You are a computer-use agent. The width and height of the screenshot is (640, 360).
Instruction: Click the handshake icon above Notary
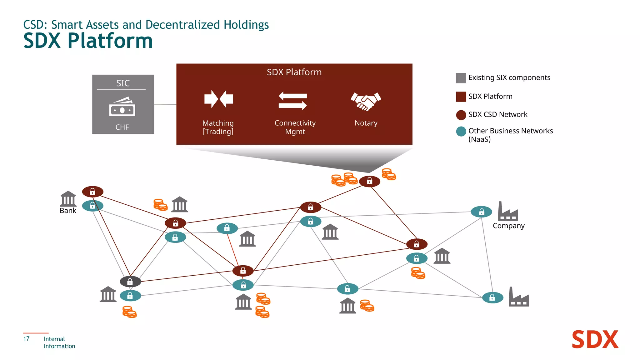click(x=366, y=101)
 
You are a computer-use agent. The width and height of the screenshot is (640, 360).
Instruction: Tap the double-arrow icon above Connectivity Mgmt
click(x=292, y=101)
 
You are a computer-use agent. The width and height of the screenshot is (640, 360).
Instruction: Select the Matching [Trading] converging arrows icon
click(x=218, y=99)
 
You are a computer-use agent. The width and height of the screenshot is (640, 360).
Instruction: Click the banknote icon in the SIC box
click(x=122, y=107)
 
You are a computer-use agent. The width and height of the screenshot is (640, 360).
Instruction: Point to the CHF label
click(x=122, y=127)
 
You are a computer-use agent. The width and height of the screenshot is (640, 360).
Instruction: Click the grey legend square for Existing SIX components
click(x=461, y=78)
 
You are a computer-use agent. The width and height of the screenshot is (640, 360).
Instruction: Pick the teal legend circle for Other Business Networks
click(x=461, y=132)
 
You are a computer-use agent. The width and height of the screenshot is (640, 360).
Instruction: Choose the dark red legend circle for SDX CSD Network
click(x=461, y=115)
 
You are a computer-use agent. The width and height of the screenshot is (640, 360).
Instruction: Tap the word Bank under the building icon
click(x=68, y=211)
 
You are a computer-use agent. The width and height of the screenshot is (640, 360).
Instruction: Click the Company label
click(x=508, y=226)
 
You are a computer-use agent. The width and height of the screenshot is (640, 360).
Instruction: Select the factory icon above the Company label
click(x=507, y=212)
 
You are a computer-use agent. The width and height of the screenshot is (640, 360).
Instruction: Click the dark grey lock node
click(x=130, y=282)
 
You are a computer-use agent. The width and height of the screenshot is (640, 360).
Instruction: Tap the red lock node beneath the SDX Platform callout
click(x=369, y=181)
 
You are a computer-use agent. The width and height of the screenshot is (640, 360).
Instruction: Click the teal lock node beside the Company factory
click(x=481, y=212)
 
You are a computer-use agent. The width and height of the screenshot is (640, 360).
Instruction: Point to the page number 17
click(x=26, y=339)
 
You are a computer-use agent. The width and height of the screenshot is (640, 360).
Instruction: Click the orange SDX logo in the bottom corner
click(x=595, y=340)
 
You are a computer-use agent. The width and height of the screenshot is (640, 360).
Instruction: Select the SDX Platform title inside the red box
click(x=294, y=72)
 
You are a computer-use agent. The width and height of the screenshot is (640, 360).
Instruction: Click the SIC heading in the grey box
click(x=123, y=83)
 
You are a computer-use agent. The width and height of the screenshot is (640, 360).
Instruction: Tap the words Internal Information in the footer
click(x=59, y=342)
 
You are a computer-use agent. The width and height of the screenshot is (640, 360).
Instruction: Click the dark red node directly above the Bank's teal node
click(x=92, y=192)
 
